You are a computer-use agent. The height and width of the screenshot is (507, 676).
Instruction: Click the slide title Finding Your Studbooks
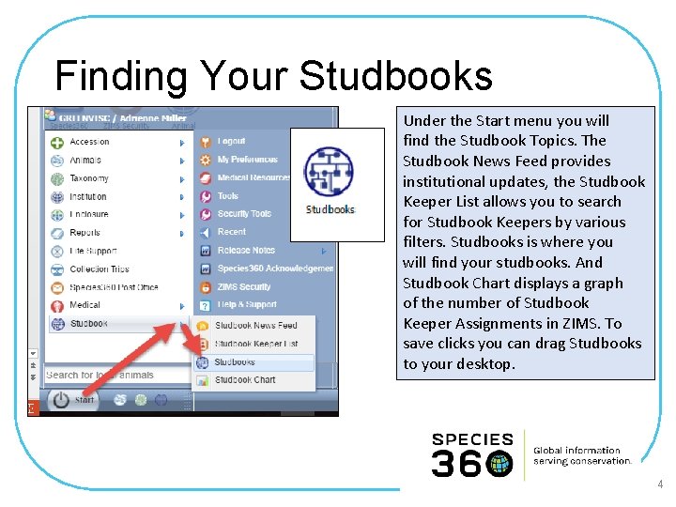273,75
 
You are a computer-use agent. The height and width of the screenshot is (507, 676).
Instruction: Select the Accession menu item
89,143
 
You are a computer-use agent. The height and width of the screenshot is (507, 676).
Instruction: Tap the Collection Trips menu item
99,269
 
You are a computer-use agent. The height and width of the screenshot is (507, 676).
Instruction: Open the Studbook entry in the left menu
88,324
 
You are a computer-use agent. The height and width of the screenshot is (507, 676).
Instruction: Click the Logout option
231,142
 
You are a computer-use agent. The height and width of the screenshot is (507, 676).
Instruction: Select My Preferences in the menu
247,160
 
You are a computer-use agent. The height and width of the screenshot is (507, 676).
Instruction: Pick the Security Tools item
244,214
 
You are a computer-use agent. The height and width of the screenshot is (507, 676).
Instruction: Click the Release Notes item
246,251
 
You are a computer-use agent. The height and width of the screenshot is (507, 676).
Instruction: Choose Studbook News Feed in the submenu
255,326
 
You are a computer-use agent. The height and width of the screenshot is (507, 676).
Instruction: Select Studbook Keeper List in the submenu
255,344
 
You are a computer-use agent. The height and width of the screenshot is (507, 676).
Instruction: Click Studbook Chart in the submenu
244,380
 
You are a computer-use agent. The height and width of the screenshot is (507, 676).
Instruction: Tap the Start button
73,400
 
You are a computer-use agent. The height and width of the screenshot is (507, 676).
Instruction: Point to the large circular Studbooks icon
330,172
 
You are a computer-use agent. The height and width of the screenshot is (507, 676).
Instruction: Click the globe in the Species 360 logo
499,464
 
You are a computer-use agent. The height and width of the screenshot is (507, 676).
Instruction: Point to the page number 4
660,485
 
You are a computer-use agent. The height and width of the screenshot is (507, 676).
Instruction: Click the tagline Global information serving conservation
582,456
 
